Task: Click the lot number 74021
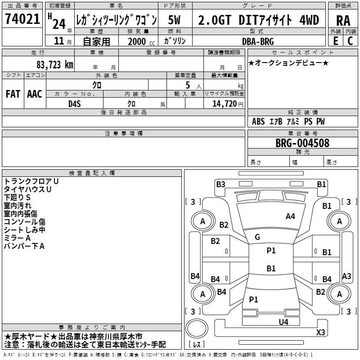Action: click(22, 19)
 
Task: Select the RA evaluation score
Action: click(343, 20)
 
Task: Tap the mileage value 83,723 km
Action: click(55, 65)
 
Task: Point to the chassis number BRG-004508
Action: click(302, 143)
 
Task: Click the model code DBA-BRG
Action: click(258, 41)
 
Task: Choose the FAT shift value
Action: click(13, 94)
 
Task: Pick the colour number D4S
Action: click(75, 104)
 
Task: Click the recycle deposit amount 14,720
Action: click(225, 104)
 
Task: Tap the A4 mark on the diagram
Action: click(290, 216)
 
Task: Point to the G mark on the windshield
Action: click(257, 237)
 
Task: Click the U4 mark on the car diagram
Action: click(283, 322)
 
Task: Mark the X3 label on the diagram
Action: click(320, 332)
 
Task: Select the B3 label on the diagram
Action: click(220, 184)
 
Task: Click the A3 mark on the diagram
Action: click(346, 276)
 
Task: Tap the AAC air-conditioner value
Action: click(35, 94)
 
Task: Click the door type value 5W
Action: click(174, 20)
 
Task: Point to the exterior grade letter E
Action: click(336, 41)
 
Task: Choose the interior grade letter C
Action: click(350, 41)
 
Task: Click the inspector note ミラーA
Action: click(17, 238)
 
